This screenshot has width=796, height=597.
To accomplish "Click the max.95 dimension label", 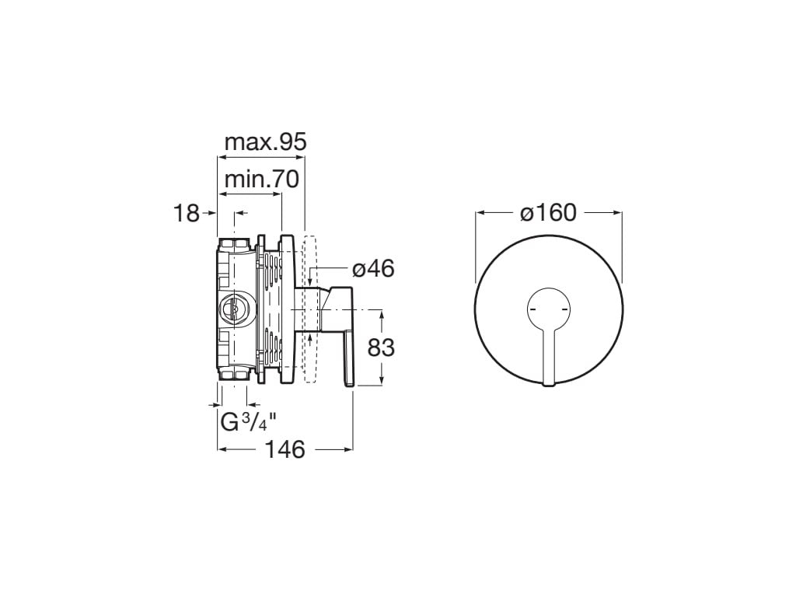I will (265, 142).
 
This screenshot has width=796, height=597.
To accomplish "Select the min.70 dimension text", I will (261, 180).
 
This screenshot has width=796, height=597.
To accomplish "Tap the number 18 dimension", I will (187, 212).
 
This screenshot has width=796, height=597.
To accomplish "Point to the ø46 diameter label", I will (373, 269).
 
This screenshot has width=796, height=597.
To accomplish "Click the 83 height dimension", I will (381, 347).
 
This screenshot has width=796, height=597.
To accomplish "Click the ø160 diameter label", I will (549, 212).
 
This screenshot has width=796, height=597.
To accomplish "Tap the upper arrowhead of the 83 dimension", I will (381, 313).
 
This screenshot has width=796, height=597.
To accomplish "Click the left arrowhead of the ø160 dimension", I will (480, 211).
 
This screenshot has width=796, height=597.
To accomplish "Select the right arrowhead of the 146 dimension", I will (350, 449).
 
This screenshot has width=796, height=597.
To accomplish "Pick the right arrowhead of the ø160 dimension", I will (618, 211).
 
